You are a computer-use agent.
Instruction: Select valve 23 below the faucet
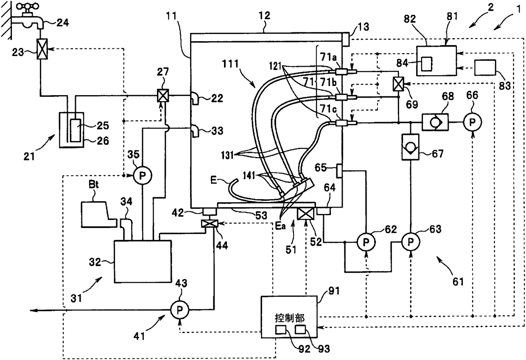[42, 49]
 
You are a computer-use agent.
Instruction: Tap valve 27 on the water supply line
[163, 95]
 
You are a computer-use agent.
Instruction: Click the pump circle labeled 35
[143, 175]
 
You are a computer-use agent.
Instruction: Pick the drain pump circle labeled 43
[179, 310]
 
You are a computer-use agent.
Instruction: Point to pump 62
[366, 242]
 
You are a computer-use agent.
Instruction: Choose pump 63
[411, 241]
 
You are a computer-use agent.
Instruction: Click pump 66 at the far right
[473, 122]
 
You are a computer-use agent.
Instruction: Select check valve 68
[435, 122]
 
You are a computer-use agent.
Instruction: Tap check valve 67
[410, 147]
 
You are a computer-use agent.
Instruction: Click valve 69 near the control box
[398, 84]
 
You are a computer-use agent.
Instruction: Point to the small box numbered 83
[485, 67]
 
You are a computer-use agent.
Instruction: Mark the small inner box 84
[426, 64]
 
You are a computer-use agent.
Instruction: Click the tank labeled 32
[143, 262]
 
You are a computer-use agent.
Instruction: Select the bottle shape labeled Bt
[98, 214]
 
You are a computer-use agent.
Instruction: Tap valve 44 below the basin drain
[210, 223]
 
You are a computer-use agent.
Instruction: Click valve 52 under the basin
[305, 214]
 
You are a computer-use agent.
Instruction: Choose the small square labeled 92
[281, 329]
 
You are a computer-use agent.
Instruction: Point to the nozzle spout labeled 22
[195, 98]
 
